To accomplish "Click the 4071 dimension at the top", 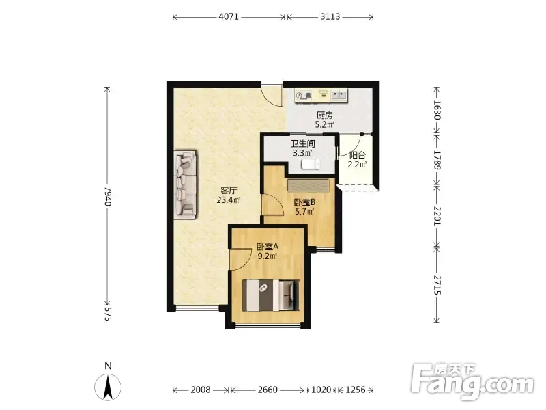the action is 229,16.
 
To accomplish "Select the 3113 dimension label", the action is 330,16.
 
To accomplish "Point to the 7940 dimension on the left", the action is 108,196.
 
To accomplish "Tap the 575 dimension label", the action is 108,314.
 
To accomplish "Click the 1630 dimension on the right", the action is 437,110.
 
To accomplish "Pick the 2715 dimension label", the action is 437,285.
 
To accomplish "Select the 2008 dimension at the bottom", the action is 200,389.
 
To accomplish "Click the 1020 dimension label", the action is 321,389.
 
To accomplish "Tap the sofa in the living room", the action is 185,184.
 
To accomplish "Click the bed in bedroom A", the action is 271,295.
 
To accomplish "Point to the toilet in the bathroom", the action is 311,164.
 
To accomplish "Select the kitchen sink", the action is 339,94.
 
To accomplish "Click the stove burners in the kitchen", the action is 304,95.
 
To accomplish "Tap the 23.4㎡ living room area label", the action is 229,200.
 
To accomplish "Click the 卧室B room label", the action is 304,202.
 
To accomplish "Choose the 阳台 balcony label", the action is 357,156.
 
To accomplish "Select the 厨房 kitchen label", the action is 325,115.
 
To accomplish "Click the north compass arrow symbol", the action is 108,387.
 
